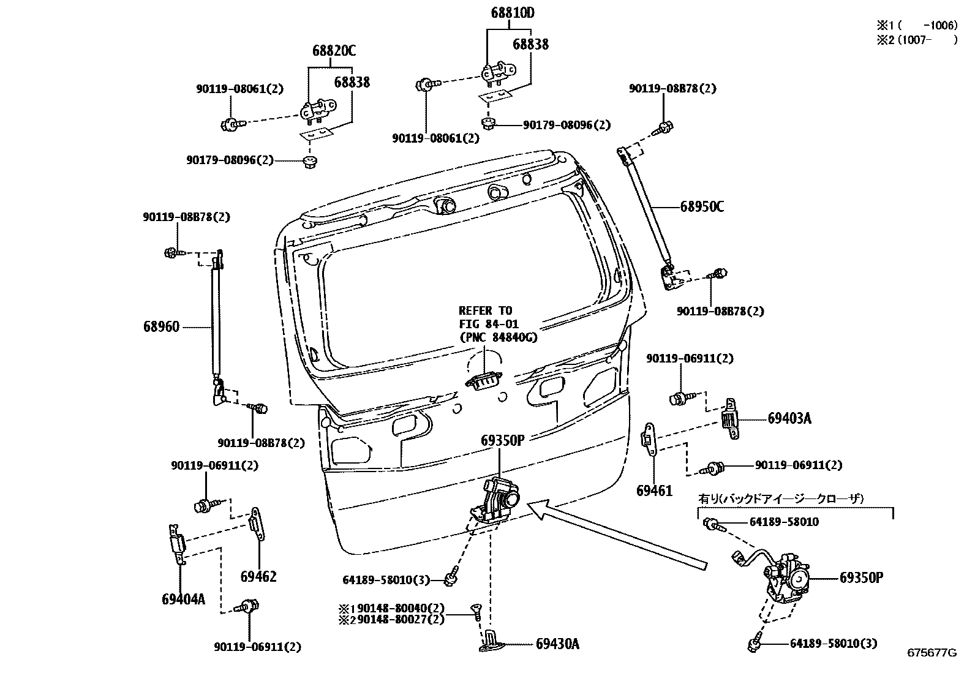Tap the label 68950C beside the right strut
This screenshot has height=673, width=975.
point(702,207)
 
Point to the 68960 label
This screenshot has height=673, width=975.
point(162,327)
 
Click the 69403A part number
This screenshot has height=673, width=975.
point(789,419)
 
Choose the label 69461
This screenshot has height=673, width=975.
point(654,491)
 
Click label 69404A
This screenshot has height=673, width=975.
point(183,599)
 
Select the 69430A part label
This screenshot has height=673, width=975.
point(557,644)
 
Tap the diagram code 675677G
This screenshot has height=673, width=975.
point(932,653)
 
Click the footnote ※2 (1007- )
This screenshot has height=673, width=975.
point(916,40)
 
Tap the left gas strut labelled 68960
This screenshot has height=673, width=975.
point(216,318)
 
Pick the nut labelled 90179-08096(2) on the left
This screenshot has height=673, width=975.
point(309,162)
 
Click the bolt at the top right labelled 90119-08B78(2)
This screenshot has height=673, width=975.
point(664,129)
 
